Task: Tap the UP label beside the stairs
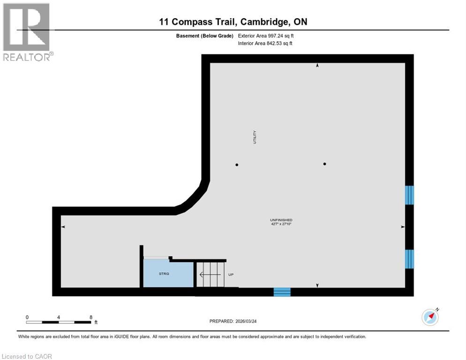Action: click(x=231, y=275)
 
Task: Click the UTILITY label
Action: click(x=255, y=137)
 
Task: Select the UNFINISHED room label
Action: click(x=281, y=220)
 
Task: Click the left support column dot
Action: click(x=237, y=165)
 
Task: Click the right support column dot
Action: click(x=324, y=164)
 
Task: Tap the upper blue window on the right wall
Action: click(x=409, y=195)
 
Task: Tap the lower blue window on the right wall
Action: click(x=409, y=259)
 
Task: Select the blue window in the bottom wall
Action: click(x=282, y=292)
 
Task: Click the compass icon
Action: click(x=430, y=317)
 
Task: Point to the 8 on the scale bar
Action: click(x=90, y=317)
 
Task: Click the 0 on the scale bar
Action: click(x=27, y=317)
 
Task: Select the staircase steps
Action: click(x=209, y=274)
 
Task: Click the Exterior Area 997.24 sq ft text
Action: click(x=266, y=36)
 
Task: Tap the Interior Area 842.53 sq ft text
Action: click(x=265, y=44)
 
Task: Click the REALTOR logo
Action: click(x=28, y=32)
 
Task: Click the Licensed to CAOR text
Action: click(x=27, y=356)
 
